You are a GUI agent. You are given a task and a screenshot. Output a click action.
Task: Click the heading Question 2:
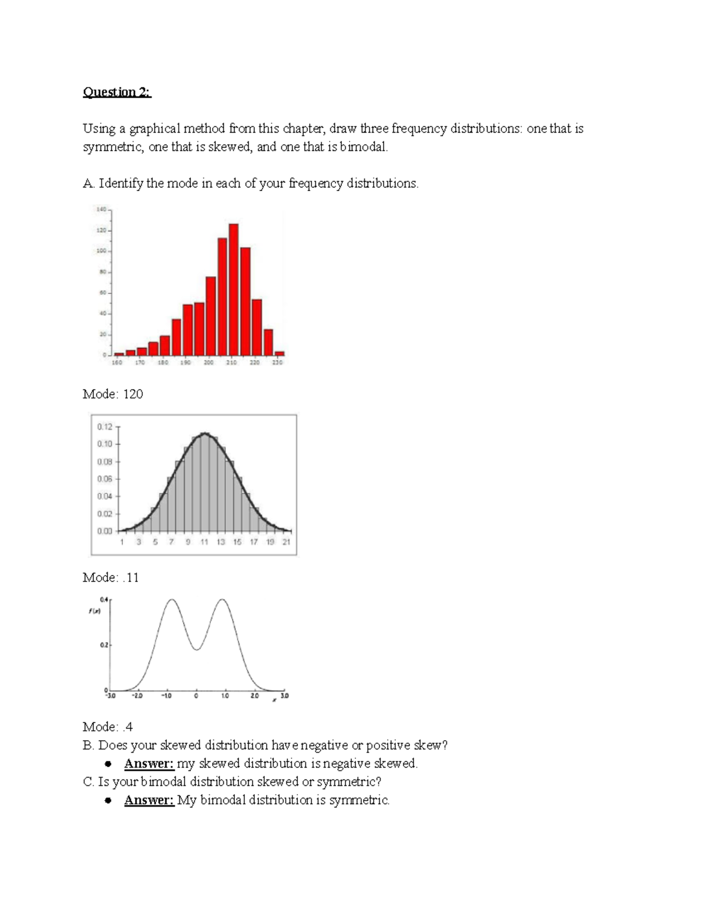[x=117, y=92]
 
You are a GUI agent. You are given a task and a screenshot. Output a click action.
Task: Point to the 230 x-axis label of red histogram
[x=277, y=363]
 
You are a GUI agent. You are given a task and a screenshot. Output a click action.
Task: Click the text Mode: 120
[x=113, y=394]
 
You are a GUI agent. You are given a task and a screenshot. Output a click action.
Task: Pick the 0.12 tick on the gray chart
[x=105, y=427]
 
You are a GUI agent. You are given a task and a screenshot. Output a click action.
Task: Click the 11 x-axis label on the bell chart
[x=204, y=542]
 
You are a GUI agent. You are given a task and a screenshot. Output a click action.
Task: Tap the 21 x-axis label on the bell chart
[x=286, y=542]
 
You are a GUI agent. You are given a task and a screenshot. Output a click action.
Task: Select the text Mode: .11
[x=111, y=578]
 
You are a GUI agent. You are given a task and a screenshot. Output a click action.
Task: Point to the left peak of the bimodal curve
[x=172, y=600]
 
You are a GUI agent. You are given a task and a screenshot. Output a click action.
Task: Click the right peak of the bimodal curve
[x=223, y=600]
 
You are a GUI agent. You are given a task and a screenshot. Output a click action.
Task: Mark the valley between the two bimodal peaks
[x=197, y=650]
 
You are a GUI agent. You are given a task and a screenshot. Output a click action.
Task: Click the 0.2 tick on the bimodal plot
[x=103, y=646]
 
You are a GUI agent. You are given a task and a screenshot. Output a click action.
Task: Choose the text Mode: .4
[x=108, y=727]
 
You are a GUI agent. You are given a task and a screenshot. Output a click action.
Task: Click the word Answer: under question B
[x=149, y=764]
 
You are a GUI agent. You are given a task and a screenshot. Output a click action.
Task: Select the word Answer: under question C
[x=149, y=800]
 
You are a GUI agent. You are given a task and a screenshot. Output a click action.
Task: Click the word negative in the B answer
[x=347, y=764]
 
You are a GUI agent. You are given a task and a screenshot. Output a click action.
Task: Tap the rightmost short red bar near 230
[x=280, y=353]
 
